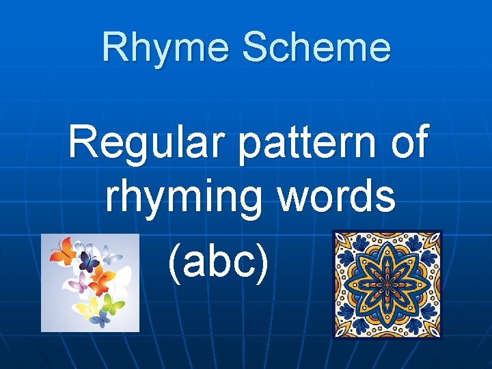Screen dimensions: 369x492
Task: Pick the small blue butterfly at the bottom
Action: [x=100, y=320]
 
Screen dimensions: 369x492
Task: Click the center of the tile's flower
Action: [x=387, y=284]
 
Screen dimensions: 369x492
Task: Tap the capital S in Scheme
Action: [x=256, y=48]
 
